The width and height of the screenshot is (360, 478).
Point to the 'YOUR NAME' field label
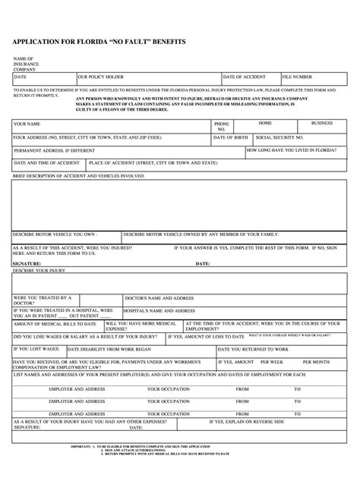click(x=27, y=124)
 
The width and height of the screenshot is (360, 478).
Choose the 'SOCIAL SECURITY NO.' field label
click(x=279, y=138)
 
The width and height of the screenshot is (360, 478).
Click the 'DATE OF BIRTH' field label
click(x=231, y=138)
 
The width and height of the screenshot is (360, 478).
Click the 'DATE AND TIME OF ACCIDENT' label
click(x=46, y=163)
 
